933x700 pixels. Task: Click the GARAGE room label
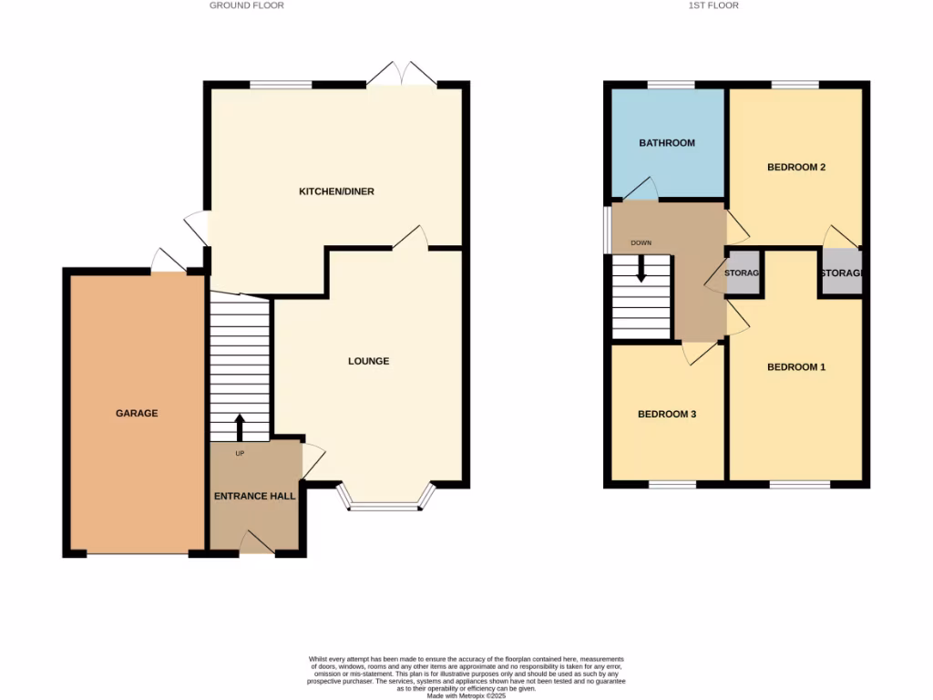click(137, 413)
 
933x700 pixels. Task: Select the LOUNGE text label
click(368, 361)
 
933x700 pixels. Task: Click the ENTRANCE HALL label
click(254, 496)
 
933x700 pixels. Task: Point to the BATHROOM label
click(667, 143)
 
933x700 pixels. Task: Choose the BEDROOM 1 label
click(796, 367)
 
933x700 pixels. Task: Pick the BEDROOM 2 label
click(796, 167)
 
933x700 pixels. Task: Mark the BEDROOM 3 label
click(667, 414)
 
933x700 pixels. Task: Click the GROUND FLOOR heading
click(247, 5)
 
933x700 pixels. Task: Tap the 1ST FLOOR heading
click(713, 5)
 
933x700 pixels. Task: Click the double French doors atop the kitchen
click(402, 75)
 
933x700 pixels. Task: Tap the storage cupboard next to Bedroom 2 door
click(841, 273)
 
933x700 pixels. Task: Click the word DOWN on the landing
click(641, 243)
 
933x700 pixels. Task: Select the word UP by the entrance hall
click(240, 453)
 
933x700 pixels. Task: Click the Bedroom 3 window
click(673, 484)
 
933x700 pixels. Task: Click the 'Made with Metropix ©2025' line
click(466, 694)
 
